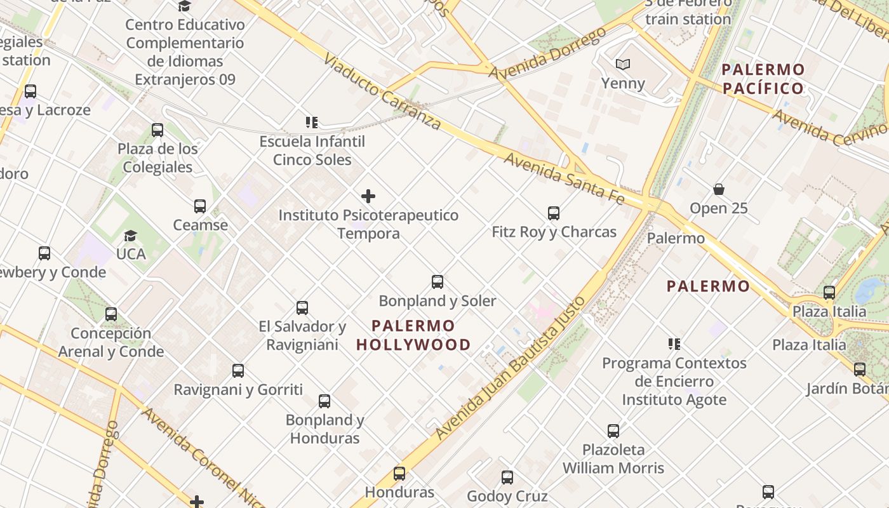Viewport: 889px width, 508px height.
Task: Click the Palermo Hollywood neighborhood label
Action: pos(413,335)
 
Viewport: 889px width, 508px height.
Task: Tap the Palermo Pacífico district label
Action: pos(763,79)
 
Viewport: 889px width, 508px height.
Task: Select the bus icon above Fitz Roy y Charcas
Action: pos(554,213)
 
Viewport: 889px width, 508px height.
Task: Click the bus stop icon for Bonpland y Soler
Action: pos(438,282)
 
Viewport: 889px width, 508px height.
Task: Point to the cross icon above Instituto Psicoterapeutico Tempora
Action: pos(368,196)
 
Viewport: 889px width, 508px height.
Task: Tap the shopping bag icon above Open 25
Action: pos(719,189)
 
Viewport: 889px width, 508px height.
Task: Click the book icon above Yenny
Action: pos(623,64)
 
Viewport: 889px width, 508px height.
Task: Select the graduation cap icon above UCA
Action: pos(130,236)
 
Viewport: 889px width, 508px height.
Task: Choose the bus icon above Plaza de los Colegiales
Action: pos(157,130)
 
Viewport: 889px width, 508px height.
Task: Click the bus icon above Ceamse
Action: pos(200,206)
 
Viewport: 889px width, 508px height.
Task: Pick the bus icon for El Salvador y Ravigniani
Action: pos(302,308)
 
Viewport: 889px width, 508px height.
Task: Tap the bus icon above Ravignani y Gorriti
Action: pos(238,371)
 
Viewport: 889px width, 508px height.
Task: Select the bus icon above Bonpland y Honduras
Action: pos(324,401)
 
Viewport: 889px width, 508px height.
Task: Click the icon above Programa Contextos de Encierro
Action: pos(674,344)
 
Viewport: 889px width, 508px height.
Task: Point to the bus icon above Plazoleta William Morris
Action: pos(613,431)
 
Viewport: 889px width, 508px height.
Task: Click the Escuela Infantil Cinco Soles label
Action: pos(312,150)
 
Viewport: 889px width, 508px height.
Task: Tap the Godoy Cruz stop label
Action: pos(507,496)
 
